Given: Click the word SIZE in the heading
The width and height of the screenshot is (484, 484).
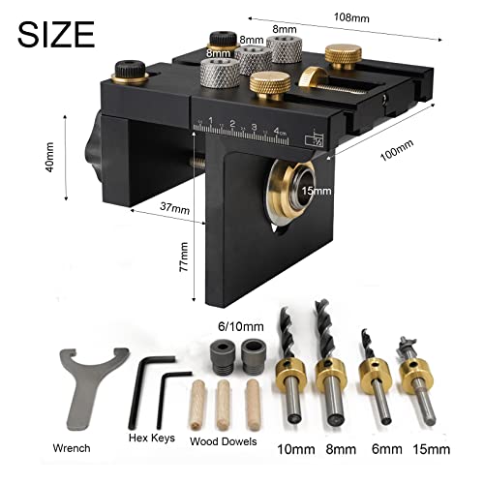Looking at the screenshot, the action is click(x=56, y=35).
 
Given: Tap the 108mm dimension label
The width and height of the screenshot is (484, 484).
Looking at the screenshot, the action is click(x=351, y=17).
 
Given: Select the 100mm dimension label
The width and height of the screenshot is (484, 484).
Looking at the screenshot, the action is click(x=397, y=150).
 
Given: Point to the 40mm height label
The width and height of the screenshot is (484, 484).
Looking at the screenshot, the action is click(x=49, y=157).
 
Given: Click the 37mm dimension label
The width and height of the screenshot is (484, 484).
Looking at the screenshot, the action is click(x=174, y=208).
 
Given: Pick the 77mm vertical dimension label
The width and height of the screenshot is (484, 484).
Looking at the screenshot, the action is click(x=184, y=257).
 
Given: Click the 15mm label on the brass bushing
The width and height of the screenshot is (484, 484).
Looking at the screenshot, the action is click(x=317, y=191).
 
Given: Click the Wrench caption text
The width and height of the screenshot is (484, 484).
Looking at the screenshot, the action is click(x=72, y=448).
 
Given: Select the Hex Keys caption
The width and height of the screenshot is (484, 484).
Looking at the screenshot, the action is click(x=152, y=438).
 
